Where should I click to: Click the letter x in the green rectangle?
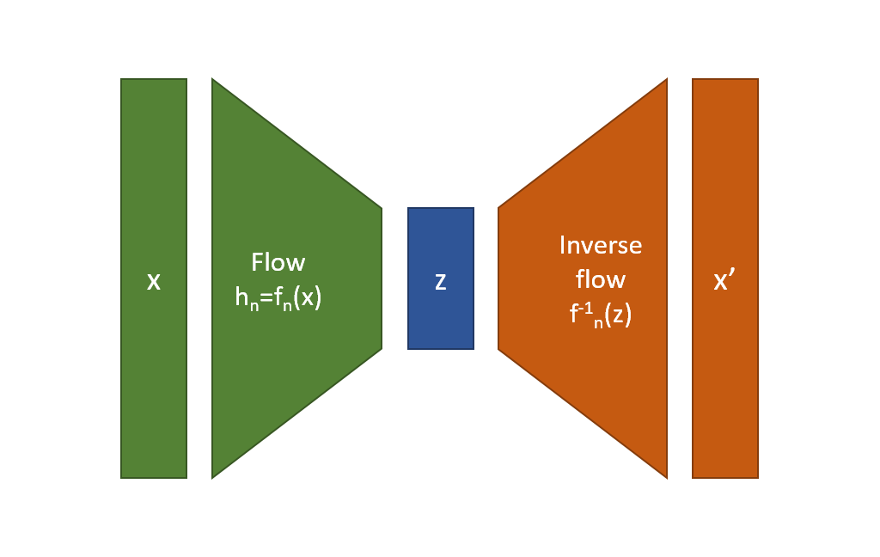[153, 281]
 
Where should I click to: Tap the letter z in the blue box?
[441, 281]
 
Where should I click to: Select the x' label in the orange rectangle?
[724, 279]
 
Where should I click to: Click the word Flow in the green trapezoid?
[278, 262]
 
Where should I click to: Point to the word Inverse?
[601, 245]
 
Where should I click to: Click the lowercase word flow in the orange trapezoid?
[601, 279]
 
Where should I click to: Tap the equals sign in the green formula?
[266, 297]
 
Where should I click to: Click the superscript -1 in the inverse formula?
[585, 309]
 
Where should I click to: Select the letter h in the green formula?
[241, 297]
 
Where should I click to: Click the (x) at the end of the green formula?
[308, 297]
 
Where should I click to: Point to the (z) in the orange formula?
[618, 315]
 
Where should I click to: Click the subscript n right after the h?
[254, 306]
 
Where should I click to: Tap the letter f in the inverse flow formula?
[573, 314]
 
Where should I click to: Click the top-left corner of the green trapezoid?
[212, 78]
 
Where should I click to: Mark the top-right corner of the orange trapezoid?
[667, 78]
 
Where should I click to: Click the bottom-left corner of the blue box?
[408, 349]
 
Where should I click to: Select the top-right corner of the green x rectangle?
[186, 78]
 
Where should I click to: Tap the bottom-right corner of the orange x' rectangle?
[758, 479]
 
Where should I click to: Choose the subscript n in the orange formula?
[598, 323]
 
